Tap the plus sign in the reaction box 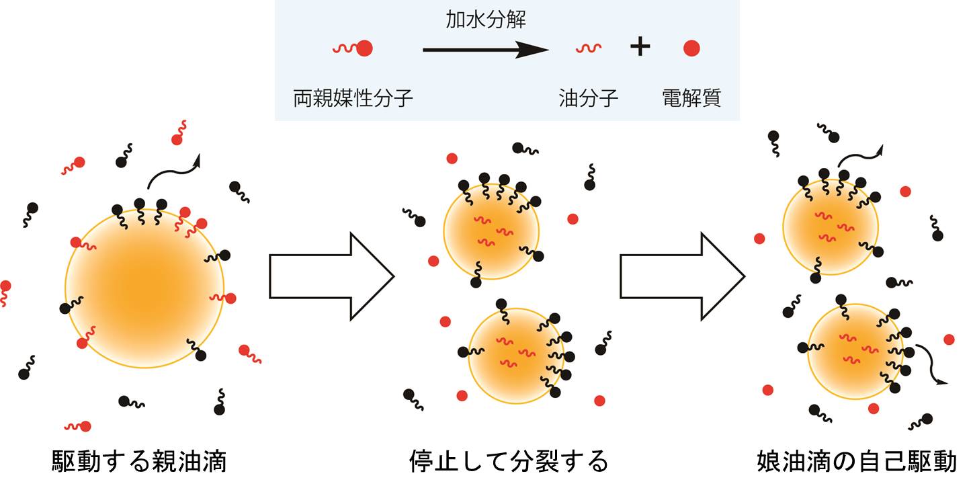click(x=640, y=48)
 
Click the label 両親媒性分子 click(x=353, y=99)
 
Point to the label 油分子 click(x=588, y=99)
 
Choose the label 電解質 click(x=691, y=99)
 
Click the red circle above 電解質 click(x=691, y=48)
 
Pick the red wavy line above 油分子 click(x=588, y=48)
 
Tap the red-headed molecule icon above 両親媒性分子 click(x=353, y=48)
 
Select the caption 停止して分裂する click(x=509, y=462)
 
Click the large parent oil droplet click(x=144, y=288)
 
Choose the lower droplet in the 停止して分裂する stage click(x=517, y=356)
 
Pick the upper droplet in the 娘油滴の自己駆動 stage click(x=831, y=227)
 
